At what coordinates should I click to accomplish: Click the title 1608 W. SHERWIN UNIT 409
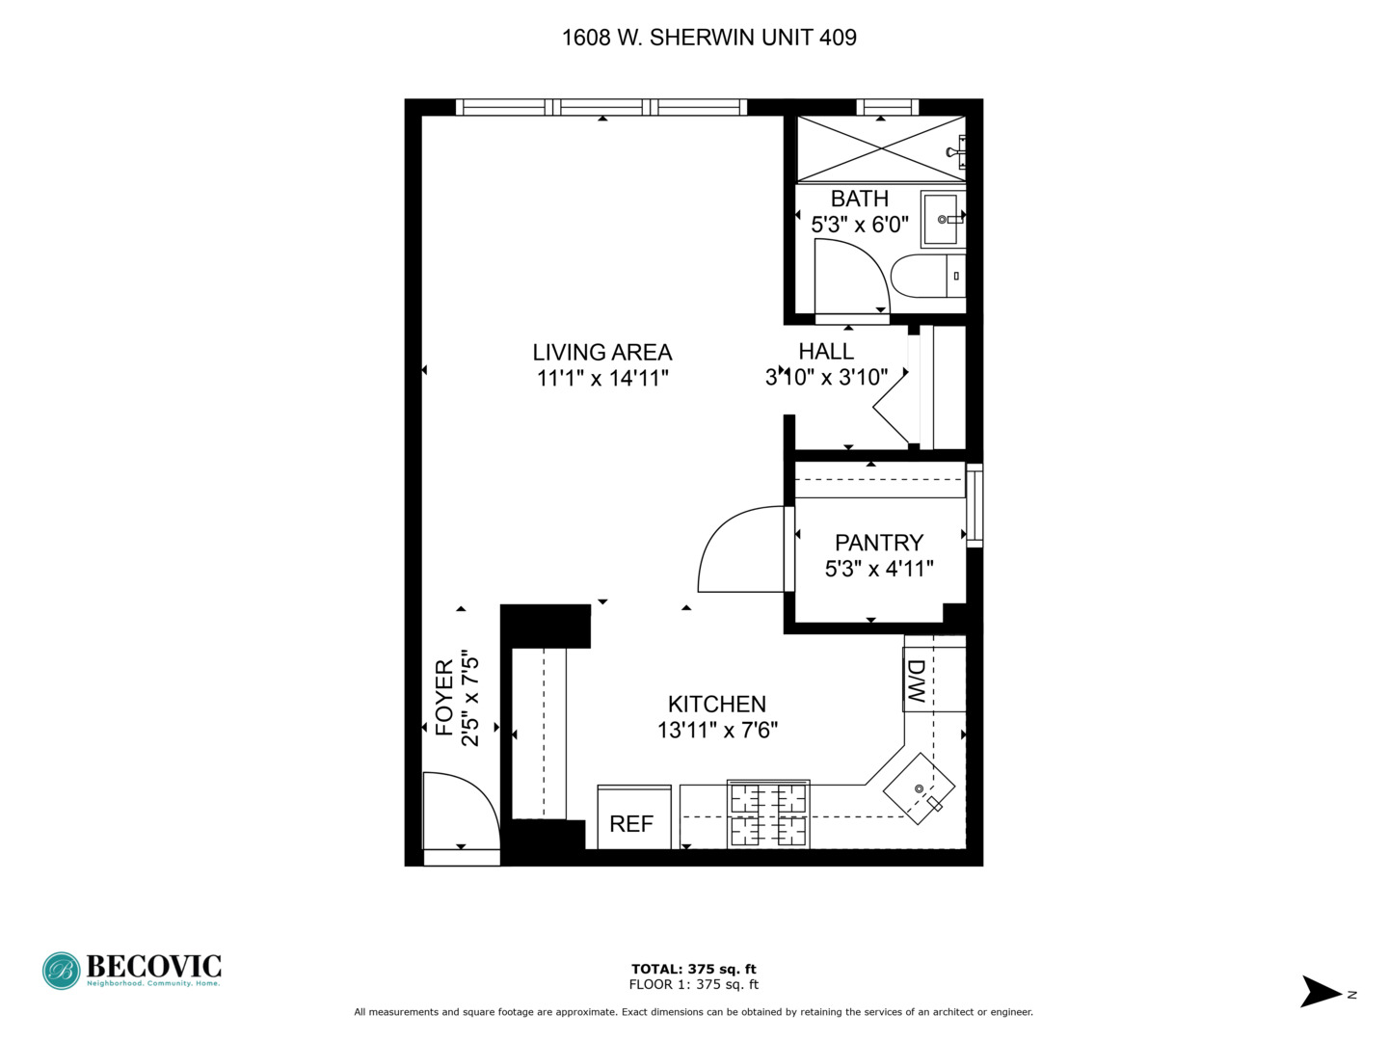(708, 38)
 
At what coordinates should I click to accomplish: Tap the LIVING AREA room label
(602, 353)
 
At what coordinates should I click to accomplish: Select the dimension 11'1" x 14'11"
(602, 378)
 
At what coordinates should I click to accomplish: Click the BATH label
(859, 199)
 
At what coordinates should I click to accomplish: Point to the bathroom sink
(942, 220)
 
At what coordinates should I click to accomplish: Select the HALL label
(826, 352)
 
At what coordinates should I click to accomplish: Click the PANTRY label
(879, 543)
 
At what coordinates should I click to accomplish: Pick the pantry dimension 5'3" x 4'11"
(879, 569)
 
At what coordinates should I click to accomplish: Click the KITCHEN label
(717, 705)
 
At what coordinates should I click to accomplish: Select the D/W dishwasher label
(917, 681)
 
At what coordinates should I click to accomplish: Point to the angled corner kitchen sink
(920, 788)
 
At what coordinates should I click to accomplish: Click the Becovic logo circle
(61, 971)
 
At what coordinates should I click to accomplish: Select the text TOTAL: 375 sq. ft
(693, 969)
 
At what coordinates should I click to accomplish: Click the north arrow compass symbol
(1321, 992)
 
